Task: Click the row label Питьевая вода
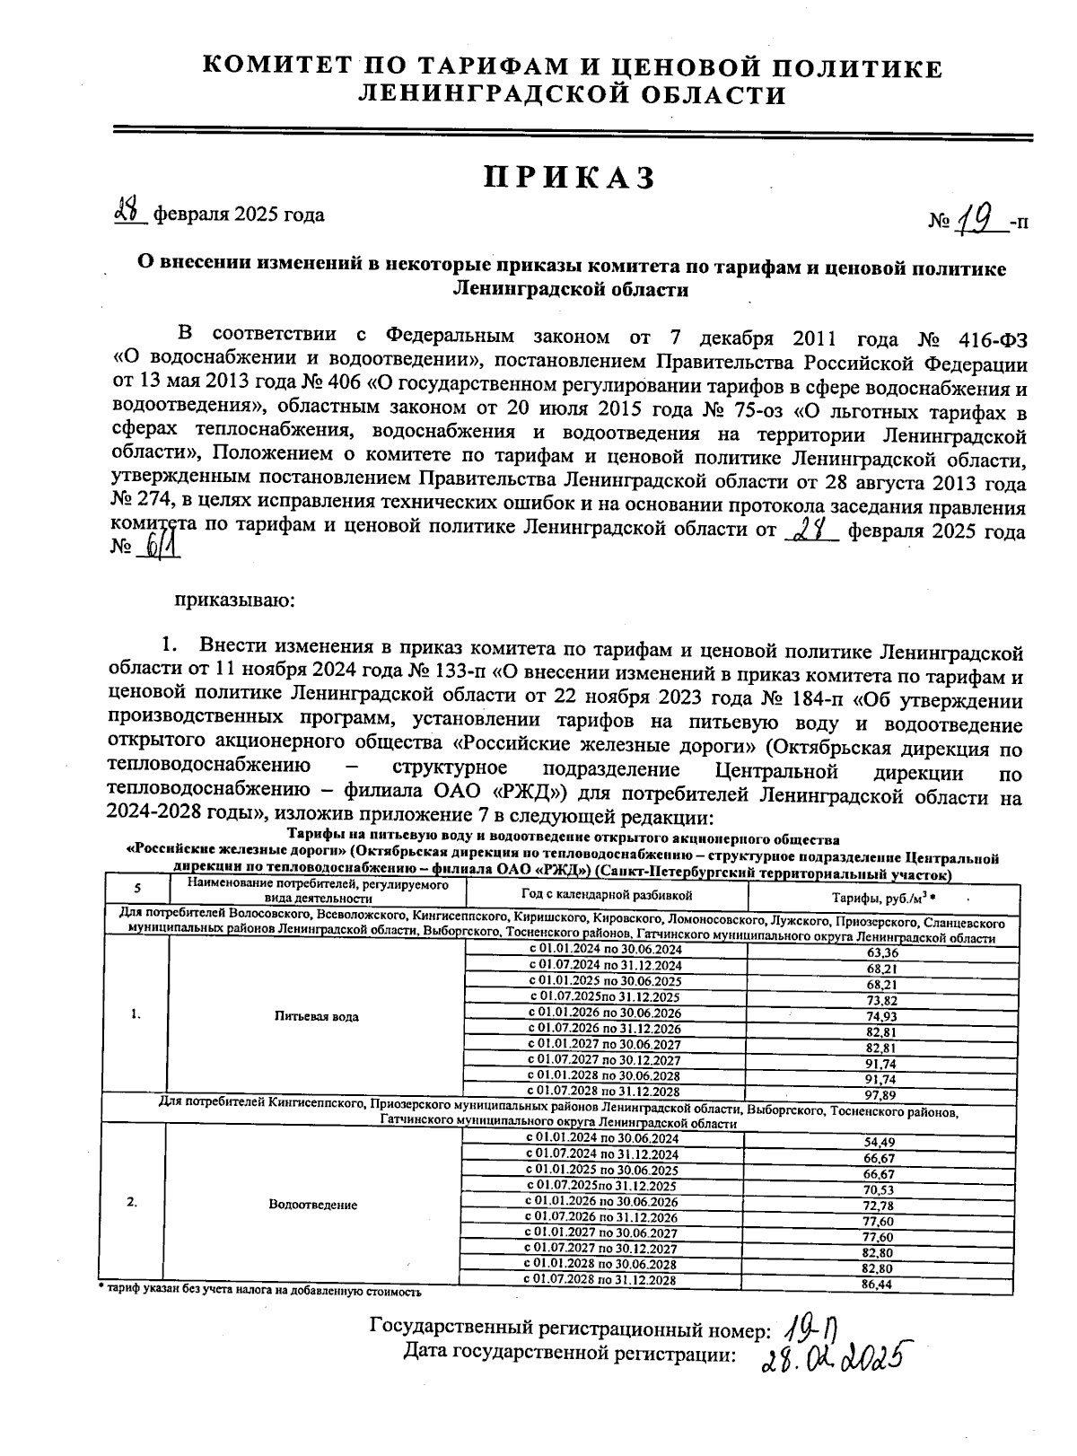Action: pyautogui.click(x=317, y=1017)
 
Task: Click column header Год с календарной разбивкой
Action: pyautogui.click(x=607, y=895)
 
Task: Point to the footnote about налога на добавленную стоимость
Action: pyautogui.click(x=260, y=1292)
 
